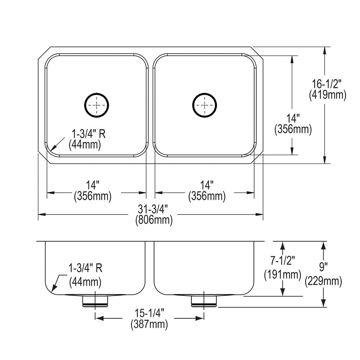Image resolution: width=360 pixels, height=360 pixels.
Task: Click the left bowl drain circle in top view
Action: pyautogui.click(x=96, y=104)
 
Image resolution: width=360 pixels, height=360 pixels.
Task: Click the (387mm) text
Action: pyautogui.click(x=149, y=324)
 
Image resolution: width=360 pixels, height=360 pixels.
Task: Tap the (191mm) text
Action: pyautogui.click(x=283, y=274)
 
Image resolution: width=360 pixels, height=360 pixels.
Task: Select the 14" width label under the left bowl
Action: pyautogui.click(x=93, y=185)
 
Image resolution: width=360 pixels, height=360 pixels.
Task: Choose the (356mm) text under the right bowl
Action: pyautogui.click(x=207, y=196)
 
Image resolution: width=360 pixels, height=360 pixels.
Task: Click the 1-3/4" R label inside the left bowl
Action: pyautogui.click(x=88, y=134)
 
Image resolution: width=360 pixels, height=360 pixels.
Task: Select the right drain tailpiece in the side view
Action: pyautogui.click(x=204, y=301)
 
